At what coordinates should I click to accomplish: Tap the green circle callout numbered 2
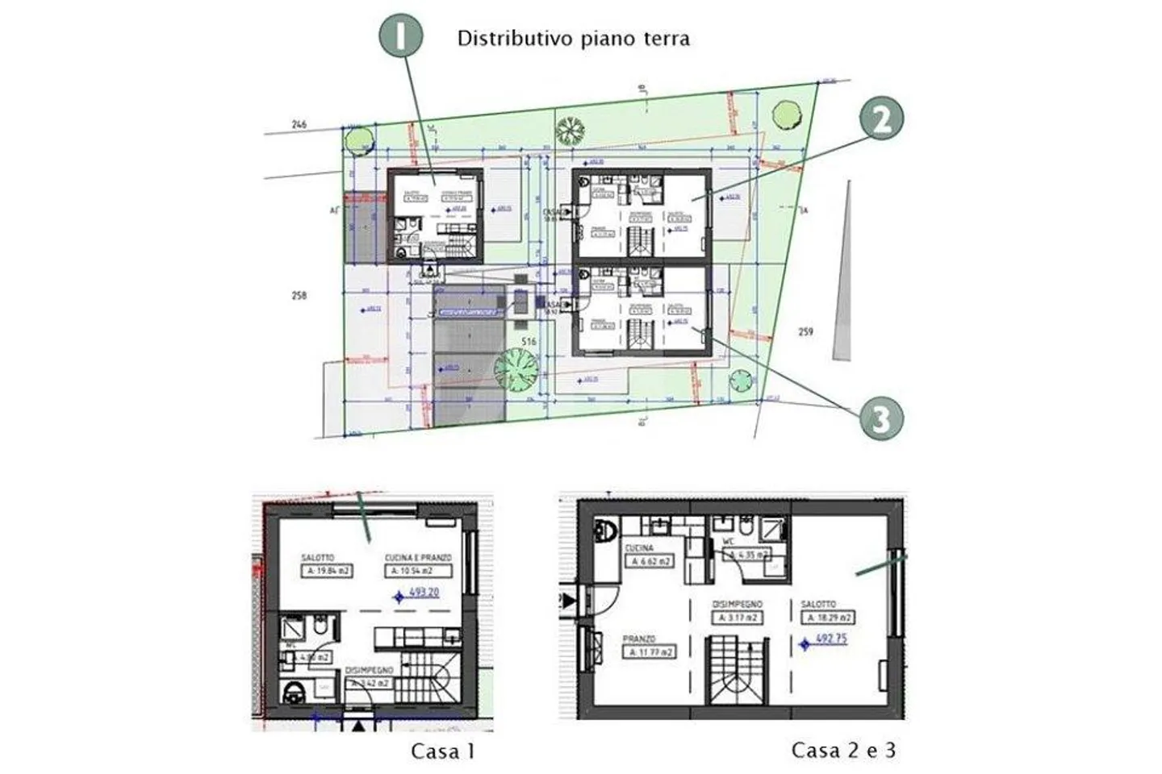pyautogui.click(x=880, y=119)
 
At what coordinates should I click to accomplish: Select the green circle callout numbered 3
pyautogui.click(x=880, y=418)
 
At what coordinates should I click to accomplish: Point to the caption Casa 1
pyautogui.click(x=443, y=751)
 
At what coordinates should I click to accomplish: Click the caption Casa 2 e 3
pyautogui.click(x=843, y=751)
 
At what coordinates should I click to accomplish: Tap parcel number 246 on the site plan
pyautogui.click(x=299, y=124)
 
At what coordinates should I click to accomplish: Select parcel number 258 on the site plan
pyautogui.click(x=299, y=296)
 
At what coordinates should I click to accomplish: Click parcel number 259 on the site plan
pyautogui.click(x=805, y=331)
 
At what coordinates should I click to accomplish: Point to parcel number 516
pyautogui.click(x=529, y=342)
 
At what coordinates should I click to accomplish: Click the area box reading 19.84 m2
pyautogui.click(x=327, y=572)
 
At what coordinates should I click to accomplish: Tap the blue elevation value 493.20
pyautogui.click(x=424, y=593)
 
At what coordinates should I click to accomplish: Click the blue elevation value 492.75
pyautogui.click(x=830, y=639)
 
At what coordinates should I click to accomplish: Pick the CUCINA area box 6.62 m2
pyautogui.click(x=650, y=562)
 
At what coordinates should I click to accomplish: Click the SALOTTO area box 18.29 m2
pyautogui.click(x=828, y=618)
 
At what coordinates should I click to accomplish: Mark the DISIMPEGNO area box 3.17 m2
pyautogui.click(x=736, y=618)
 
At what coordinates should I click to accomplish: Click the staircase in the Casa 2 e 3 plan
pyautogui.click(x=735, y=673)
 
